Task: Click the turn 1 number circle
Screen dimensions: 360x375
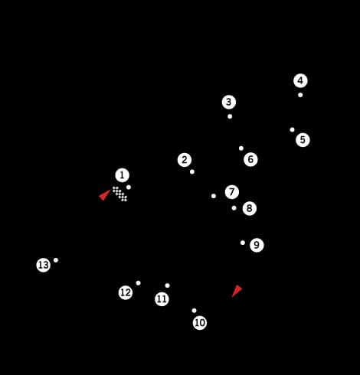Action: (122, 175)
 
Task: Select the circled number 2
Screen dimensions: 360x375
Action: (185, 160)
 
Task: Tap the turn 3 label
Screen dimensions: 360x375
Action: (229, 102)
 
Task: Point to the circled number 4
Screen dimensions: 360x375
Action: (300, 81)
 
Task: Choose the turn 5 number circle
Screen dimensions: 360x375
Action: (303, 140)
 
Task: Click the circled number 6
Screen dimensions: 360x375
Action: (250, 159)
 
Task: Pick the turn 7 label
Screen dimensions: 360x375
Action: (232, 192)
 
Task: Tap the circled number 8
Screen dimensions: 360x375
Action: (250, 208)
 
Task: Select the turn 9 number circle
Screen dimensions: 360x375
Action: (257, 245)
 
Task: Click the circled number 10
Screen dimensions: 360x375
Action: (200, 323)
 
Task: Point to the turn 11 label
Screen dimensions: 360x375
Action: (162, 299)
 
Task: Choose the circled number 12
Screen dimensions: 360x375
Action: (126, 292)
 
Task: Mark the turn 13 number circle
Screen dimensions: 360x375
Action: (44, 266)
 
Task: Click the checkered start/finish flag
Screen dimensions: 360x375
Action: (119, 194)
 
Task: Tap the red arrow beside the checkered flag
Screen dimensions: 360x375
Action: (104, 195)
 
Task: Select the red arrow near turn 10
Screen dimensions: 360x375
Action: (237, 291)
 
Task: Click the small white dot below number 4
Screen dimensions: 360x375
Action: (300, 95)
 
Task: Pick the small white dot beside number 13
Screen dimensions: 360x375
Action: (56, 260)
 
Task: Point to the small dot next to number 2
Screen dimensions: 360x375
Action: (192, 172)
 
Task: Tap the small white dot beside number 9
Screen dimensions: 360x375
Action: (243, 243)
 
